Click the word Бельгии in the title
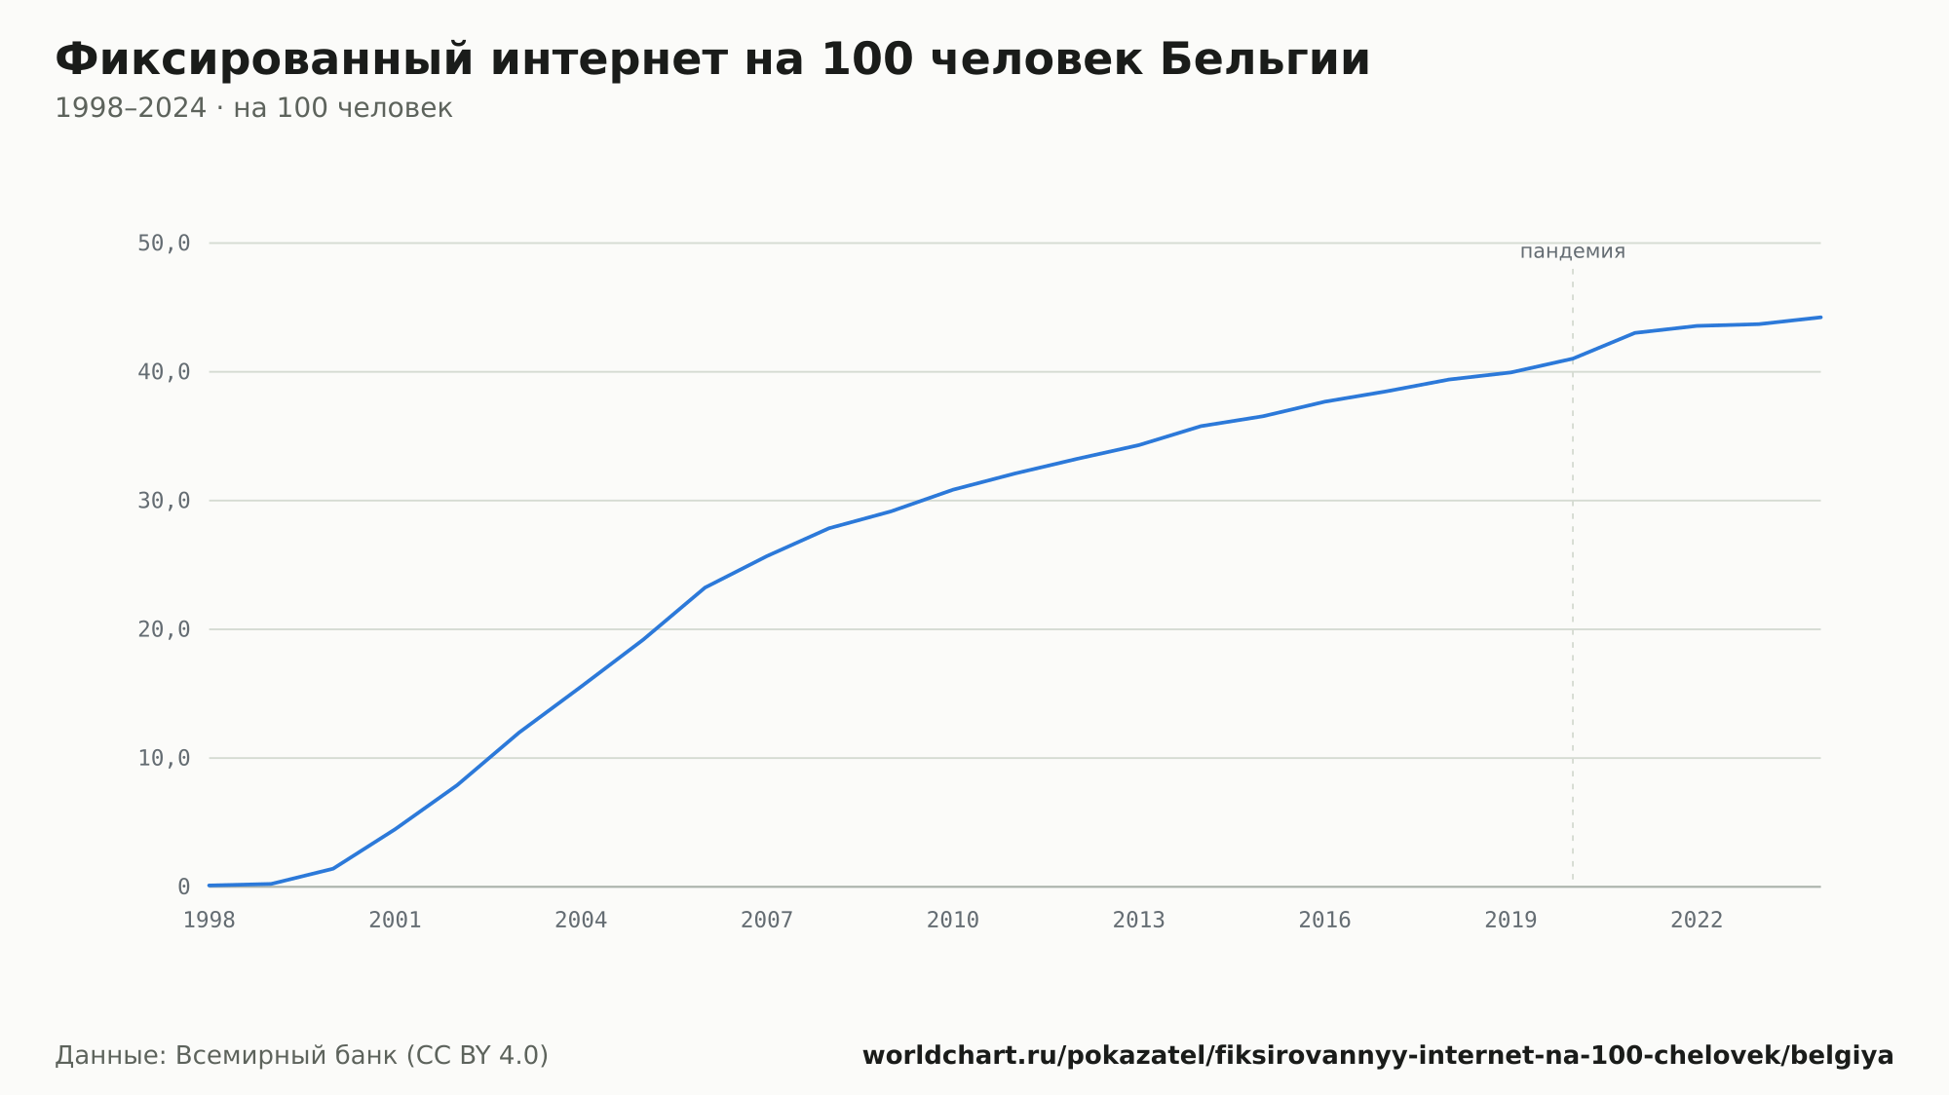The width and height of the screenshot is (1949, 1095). click(x=1265, y=60)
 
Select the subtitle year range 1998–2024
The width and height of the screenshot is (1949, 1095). click(x=131, y=108)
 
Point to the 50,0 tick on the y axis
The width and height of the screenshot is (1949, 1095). click(x=164, y=244)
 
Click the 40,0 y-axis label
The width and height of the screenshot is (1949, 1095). click(x=164, y=372)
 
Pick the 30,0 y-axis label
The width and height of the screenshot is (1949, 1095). click(x=164, y=501)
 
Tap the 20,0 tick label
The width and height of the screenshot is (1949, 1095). click(x=164, y=629)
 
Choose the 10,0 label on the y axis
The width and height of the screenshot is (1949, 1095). click(x=164, y=758)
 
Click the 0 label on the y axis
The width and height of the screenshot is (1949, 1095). click(x=184, y=887)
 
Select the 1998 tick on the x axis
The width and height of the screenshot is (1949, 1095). click(x=210, y=921)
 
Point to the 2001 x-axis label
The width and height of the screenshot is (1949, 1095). click(x=395, y=921)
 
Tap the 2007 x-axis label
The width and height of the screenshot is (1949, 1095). click(x=767, y=921)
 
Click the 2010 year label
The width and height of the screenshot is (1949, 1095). click(x=953, y=921)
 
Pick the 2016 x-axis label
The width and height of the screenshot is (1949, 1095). click(x=1325, y=921)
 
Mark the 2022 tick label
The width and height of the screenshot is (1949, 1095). click(x=1697, y=921)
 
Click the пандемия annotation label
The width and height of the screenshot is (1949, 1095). click(x=1573, y=251)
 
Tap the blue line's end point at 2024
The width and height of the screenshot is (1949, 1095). click(x=1820, y=317)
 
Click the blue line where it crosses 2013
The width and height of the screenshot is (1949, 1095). click(x=1139, y=445)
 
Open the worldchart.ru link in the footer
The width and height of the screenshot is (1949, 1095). click(x=1378, y=1056)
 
